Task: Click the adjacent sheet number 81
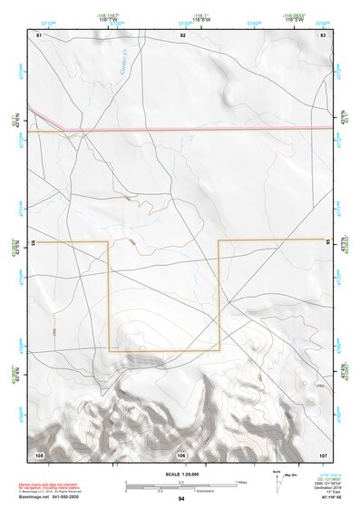[x=39, y=34]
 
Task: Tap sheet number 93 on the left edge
[x=33, y=243]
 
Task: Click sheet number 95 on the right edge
[x=328, y=242]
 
